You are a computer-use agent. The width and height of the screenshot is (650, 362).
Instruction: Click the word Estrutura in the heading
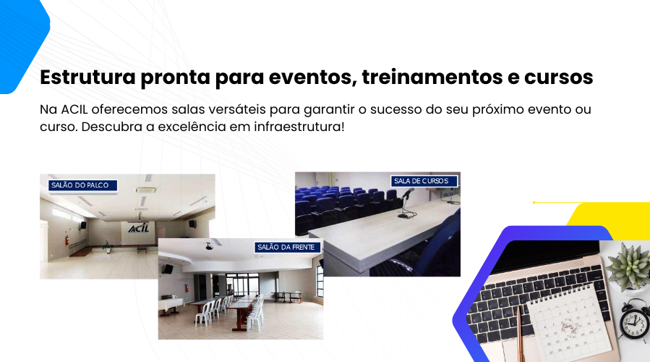[87, 77]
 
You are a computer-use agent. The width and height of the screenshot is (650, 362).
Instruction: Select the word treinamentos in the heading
[432, 77]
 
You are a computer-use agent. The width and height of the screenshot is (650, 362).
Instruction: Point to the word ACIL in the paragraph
[74, 109]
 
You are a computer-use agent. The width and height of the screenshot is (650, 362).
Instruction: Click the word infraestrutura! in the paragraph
[299, 127]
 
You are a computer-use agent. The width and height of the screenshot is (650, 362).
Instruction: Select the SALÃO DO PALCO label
[82, 185]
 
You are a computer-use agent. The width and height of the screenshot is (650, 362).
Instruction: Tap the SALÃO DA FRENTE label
[287, 248]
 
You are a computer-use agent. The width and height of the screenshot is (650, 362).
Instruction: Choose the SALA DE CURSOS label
[424, 181]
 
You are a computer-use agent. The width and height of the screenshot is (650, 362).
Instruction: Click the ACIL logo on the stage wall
[138, 228]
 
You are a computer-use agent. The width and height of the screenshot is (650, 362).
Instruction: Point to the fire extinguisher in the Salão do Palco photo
[67, 240]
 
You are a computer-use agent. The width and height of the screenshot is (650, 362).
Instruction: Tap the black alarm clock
[634, 321]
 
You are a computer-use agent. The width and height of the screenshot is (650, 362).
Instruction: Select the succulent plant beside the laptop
[628, 266]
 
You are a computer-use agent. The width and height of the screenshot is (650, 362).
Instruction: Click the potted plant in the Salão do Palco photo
[108, 247]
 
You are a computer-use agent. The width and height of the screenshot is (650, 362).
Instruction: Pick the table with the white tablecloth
[171, 305]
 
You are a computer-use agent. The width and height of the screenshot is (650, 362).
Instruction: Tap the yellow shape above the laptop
[609, 219]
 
